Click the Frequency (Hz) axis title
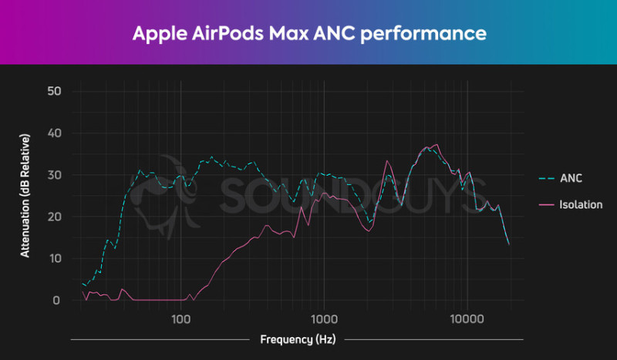(x=297, y=339)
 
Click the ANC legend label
(x=571, y=178)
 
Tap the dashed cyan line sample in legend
(x=547, y=178)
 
